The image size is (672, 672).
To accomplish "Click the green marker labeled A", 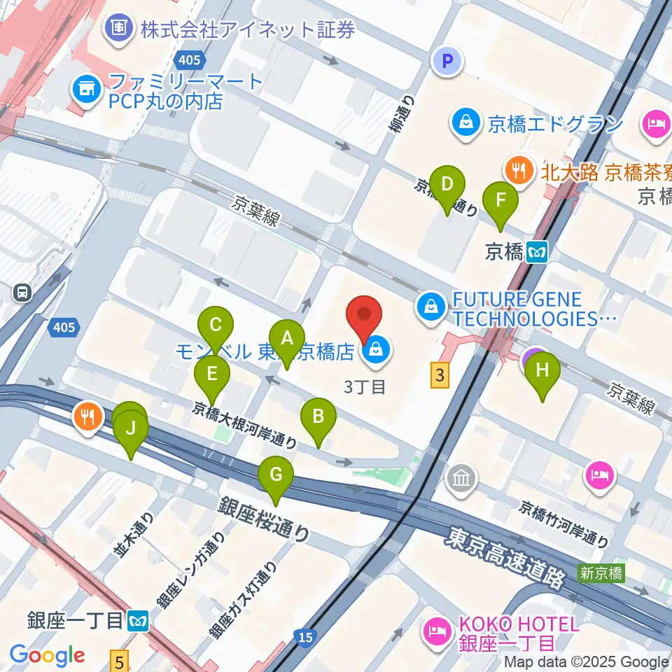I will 286,339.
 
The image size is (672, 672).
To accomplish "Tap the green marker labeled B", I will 318,417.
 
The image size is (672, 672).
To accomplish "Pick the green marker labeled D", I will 448,185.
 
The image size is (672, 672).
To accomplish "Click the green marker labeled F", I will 500,200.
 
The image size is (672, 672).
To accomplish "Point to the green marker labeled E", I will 212,374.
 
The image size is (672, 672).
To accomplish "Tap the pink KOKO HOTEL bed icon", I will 437,633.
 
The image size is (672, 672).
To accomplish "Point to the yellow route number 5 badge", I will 120,658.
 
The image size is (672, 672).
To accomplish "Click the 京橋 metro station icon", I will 538,251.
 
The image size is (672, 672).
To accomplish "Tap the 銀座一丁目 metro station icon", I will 138,620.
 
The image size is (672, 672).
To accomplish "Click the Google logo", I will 47,655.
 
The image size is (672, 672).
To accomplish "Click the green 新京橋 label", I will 600,573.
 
